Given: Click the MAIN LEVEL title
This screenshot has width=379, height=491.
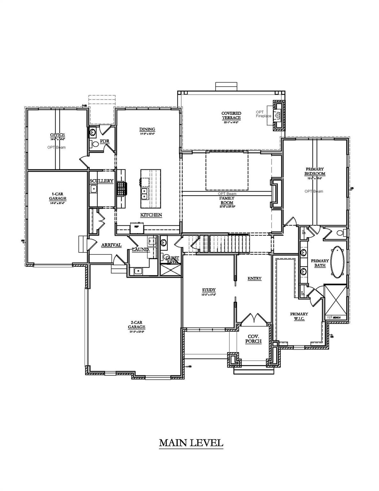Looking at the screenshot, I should pyautogui.click(x=191, y=443).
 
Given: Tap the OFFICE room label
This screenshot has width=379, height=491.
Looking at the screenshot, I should pyautogui.click(x=57, y=135).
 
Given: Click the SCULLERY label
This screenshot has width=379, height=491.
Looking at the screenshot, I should pyautogui.click(x=102, y=181).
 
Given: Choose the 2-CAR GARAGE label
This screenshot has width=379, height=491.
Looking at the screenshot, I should pyautogui.click(x=137, y=325).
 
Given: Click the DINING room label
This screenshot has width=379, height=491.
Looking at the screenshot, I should pyautogui.click(x=147, y=129).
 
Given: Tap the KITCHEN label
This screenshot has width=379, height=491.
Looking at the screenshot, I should pyautogui.click(x=151, y=215).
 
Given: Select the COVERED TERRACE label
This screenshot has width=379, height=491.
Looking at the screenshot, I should pyautogui.click(x=231, y=115).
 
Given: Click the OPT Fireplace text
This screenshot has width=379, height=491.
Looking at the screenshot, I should pyautogui.click(x=263, y=114).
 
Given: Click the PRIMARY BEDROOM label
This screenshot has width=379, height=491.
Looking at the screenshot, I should pyautogui.click(x=315, y=171).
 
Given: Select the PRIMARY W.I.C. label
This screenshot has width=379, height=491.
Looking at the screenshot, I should pyautogui.click(x=299, y=316).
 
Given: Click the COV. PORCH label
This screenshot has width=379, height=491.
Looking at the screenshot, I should pyautogui.click(x=253, y=339).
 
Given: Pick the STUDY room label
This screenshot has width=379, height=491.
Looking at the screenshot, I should pyautogui.click(x=209, y=290).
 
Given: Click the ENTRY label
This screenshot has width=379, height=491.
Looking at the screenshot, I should pyautogui.click(x=254, y=278).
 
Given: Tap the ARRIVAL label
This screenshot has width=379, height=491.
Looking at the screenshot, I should pyautogui.click(x=111, y=245).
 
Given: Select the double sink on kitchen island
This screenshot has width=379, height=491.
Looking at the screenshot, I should pyautogui.click(x=145, y=193).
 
